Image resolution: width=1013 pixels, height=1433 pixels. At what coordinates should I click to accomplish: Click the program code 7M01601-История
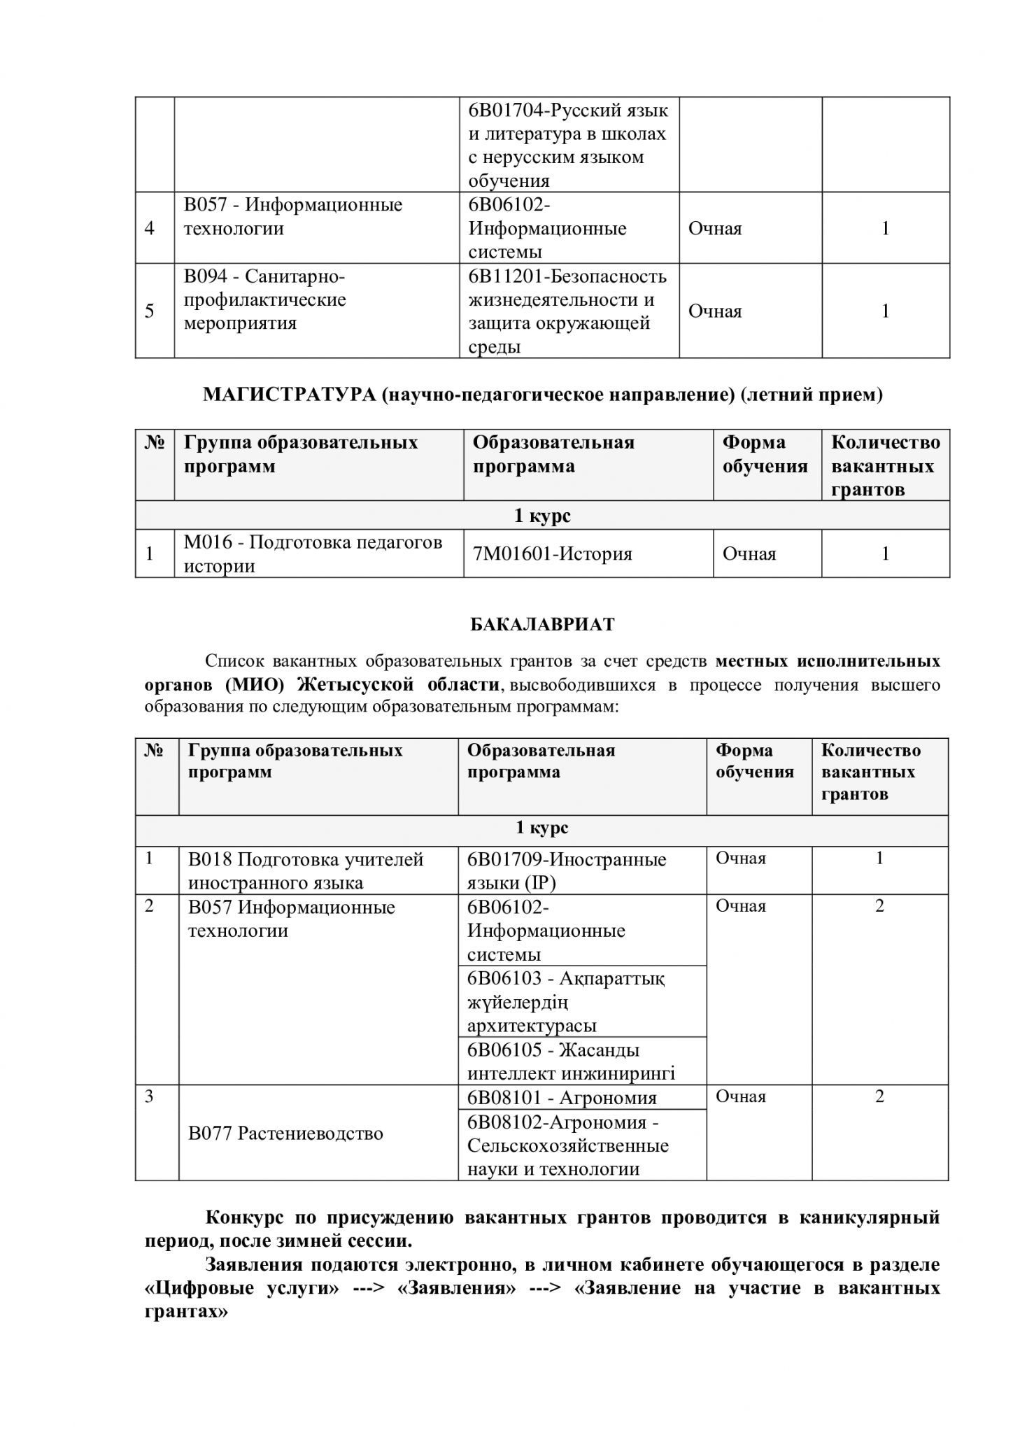click(552, 554)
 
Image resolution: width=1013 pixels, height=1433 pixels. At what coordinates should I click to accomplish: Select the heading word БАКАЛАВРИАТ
click(542, 625)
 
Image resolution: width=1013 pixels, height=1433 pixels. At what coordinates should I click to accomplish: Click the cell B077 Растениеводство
click(285, 1134)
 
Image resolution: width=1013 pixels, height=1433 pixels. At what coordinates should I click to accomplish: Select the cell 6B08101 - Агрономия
click(562, 1098)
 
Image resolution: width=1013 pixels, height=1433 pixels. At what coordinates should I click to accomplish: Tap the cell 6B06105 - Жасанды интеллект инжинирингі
click(571, 1061)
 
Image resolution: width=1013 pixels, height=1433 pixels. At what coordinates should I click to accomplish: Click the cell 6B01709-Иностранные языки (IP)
click(567, 871)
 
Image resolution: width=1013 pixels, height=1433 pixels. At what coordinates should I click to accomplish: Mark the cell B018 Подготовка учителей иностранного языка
click(306, 871)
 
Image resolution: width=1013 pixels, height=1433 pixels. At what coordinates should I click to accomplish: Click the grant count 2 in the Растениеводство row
click(879, 1097)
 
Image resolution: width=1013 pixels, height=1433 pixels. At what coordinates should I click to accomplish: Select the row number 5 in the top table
click(150, 311)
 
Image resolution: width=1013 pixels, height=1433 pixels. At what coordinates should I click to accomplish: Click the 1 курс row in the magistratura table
click(542, 516)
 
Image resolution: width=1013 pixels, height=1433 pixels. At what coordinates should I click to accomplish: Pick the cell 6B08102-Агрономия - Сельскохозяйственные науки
click(567, 1146)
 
